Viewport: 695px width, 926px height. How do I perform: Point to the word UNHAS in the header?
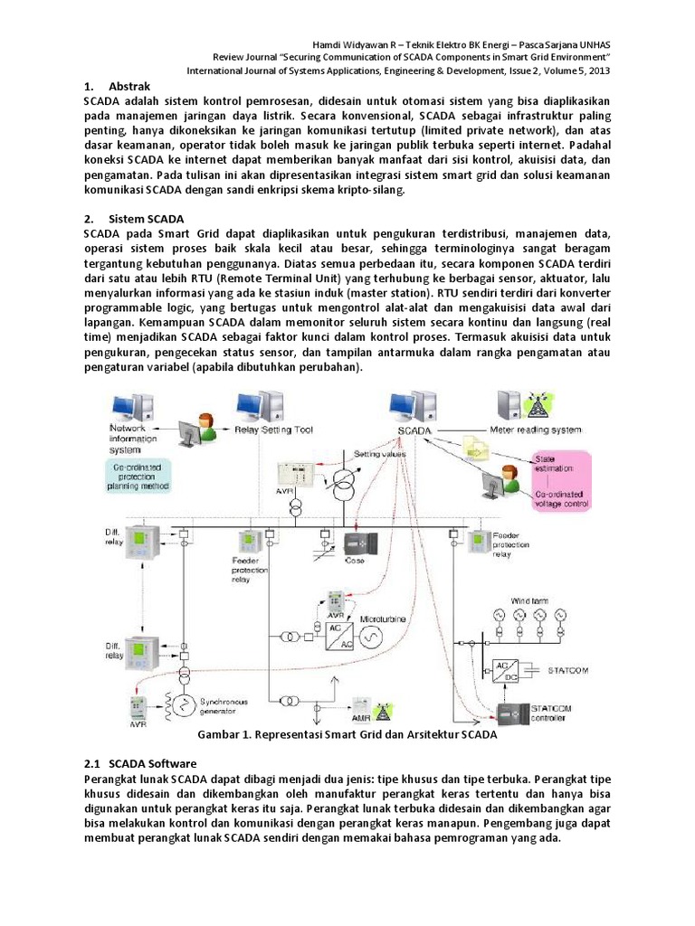601,43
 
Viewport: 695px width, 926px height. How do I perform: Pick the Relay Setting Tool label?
273,430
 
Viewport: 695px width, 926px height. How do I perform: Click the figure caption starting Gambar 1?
347,735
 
